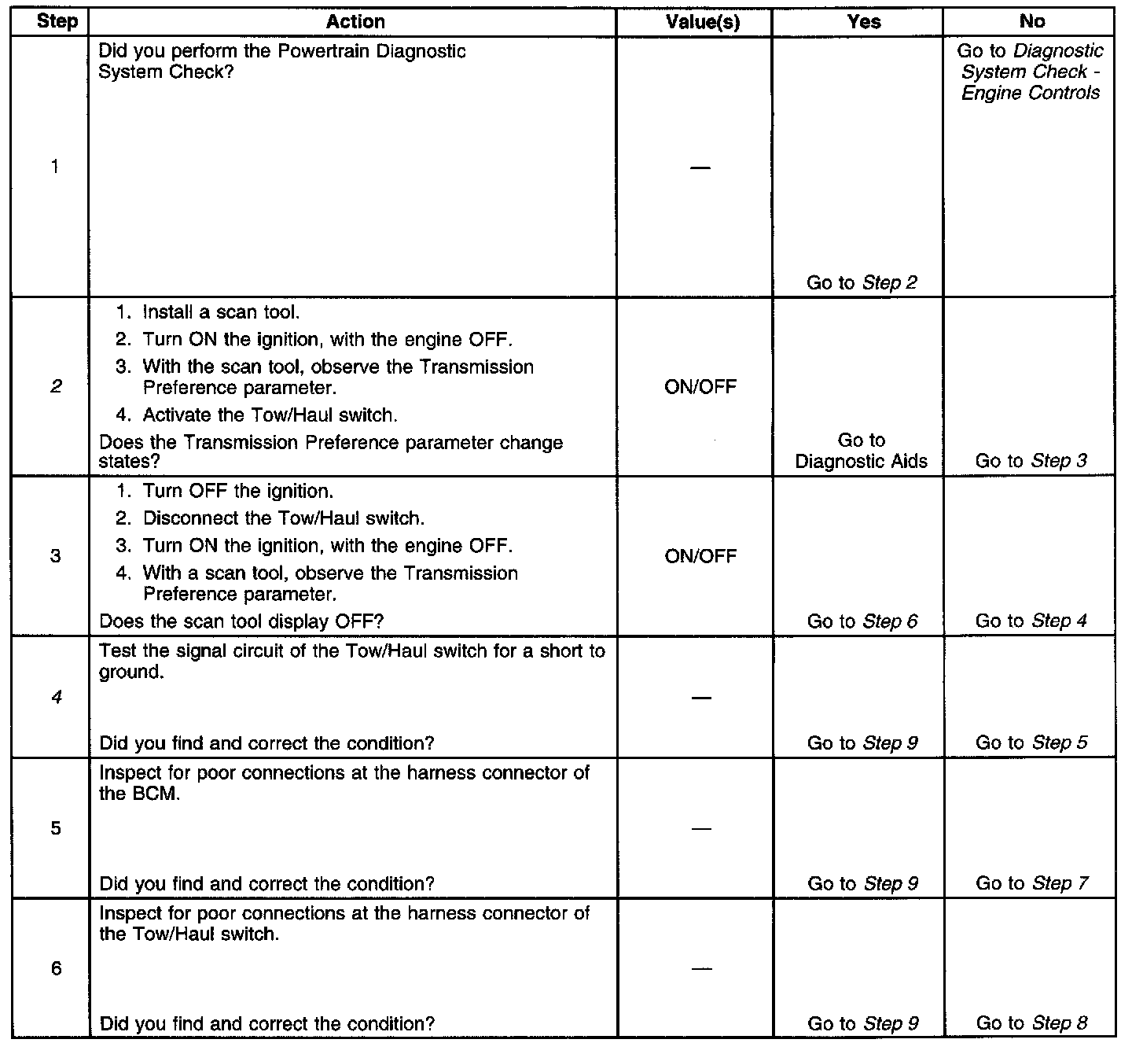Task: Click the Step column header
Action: point(57,21)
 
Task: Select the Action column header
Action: point(355,21)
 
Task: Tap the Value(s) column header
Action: point(702,22)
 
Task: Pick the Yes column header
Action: point(864,22)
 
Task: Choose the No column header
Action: point(1031,22)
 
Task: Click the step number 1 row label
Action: point(55,167)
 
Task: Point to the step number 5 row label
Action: point(56,828)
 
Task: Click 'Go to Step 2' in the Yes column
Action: point(862,282)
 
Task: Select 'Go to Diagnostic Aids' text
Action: point(862,451)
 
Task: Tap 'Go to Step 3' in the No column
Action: point(1031,461)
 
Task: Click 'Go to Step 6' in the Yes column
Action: point(862,621)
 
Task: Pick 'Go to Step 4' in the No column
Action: point(1031,621)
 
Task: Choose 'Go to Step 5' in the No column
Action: point(1031,743)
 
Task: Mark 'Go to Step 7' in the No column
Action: point(1031,883)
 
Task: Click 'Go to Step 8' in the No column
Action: point(1031,1023)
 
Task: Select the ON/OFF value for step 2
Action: point(700,387)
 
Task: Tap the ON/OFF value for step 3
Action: point(700,557)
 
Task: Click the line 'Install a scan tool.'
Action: point(220,312)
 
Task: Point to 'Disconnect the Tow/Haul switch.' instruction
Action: point(283,518)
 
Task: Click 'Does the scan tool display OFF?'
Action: point(241,621)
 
